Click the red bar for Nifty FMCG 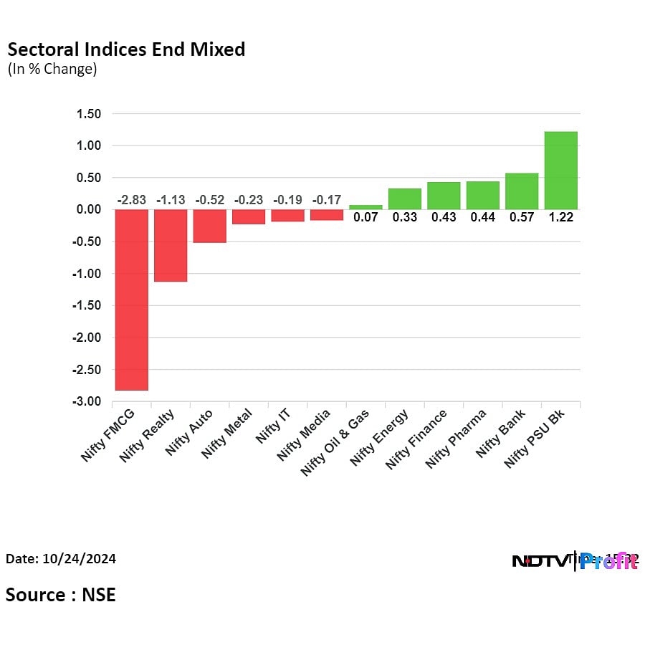131,300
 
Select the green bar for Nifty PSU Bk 560,171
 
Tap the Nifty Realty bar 171,245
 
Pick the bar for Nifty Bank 522,191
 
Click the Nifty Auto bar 209,226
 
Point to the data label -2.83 132,200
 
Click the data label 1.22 560,218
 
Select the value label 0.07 365,218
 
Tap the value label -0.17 327,200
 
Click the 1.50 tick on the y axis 89,114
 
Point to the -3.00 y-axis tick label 87,402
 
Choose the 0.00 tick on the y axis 89,209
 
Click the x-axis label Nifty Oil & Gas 335,441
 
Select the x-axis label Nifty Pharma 457,438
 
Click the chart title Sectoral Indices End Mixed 126,49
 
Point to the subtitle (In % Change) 52,70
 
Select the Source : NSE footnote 61,594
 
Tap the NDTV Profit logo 575,561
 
